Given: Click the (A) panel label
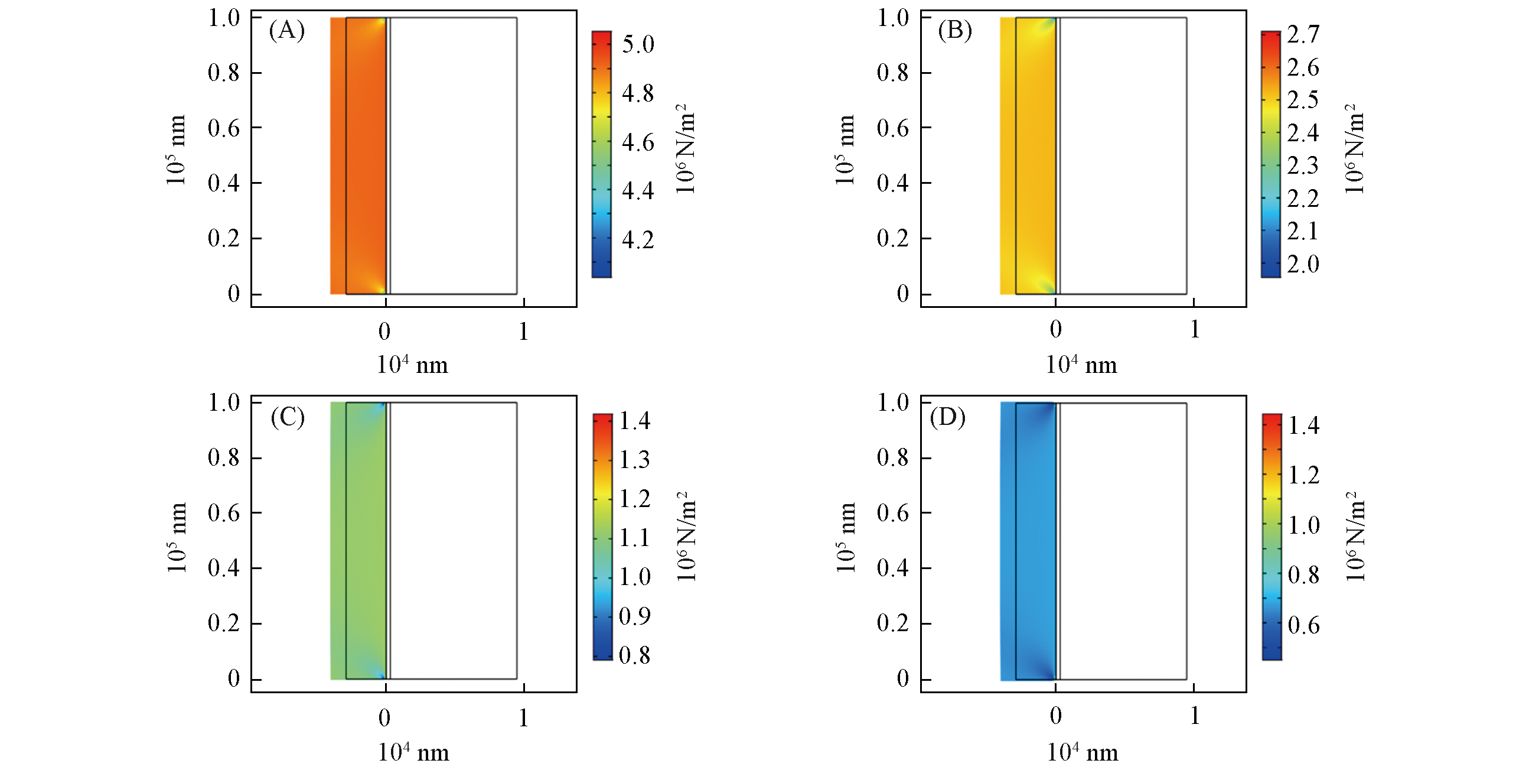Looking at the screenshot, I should (x=286, y=31).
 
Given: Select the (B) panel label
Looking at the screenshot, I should (x=954, y=31).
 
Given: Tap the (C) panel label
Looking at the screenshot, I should (x=288, y=418).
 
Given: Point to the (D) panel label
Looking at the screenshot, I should (x=947, y=418).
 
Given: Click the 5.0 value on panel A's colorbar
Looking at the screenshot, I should (x=638, y=44).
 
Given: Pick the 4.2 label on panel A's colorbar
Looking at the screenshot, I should (x=638, y=240).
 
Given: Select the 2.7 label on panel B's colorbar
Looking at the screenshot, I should (x=1303, y=35).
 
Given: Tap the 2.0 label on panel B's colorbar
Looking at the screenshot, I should (x=1303, y=264).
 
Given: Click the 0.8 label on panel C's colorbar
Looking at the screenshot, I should (x=634, y=655).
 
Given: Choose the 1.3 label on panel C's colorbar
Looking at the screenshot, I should (x=634, y=460).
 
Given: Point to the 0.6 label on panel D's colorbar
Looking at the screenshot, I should (x=1303, y=625).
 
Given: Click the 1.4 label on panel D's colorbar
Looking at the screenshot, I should (x=1303, y=426).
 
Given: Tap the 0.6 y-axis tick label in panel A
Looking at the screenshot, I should (x=223, y=128).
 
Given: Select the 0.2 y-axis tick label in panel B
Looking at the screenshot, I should (x=892, y=238).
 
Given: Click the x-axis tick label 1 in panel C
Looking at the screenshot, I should (x=523, y=717).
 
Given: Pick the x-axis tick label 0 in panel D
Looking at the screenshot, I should (x=1056, y=716).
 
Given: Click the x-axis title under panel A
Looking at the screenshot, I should (x=412, y=365).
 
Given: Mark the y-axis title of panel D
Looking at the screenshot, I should (x=846, y=537).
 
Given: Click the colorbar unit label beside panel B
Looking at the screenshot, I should (x=1355, y=149).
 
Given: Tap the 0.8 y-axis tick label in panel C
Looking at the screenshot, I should (x=223, y=457).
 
